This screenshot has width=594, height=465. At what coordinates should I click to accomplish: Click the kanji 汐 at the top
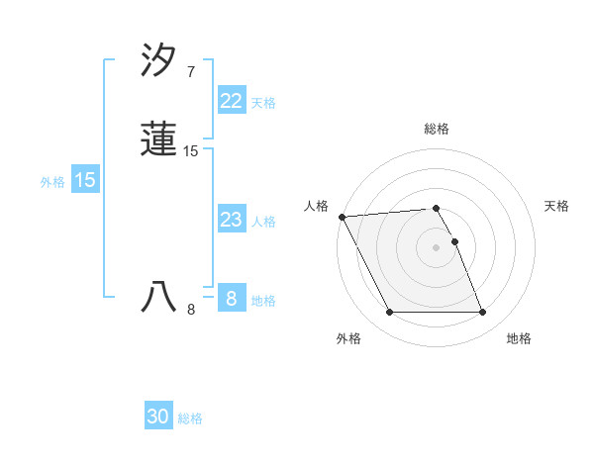click(159, 61)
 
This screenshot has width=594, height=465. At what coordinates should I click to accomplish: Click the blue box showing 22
click(231, 101)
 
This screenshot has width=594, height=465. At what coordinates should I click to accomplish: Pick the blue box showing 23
click(231, 220)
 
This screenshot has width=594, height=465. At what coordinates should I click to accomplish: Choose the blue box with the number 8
click(231, 299)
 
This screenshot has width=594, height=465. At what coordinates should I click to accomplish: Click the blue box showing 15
click(85, 180)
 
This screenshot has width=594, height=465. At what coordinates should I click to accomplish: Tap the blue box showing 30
click(158, 417)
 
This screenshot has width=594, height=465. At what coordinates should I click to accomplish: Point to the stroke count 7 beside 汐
click(190, 72)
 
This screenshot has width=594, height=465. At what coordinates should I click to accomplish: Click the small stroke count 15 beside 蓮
click(191, 151)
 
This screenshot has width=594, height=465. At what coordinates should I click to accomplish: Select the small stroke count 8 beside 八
click(191, 310)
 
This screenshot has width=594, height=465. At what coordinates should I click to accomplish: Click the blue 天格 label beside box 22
click(263, 103)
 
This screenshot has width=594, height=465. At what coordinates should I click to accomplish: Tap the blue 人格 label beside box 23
click(263, 222)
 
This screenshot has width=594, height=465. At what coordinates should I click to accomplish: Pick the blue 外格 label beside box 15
click(52, 182)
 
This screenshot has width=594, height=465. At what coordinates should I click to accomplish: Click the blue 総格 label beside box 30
click(190, 418)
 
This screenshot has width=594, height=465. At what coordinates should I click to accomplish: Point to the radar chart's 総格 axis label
click(437, 129)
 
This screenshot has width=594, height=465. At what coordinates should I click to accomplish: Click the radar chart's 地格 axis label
click(519, 338)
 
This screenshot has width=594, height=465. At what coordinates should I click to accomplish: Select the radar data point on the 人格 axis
click(342, 217)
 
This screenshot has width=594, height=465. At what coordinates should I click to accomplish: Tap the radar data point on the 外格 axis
click(389, 313)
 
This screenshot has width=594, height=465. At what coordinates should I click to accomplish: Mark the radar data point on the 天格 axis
click(454, 241)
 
